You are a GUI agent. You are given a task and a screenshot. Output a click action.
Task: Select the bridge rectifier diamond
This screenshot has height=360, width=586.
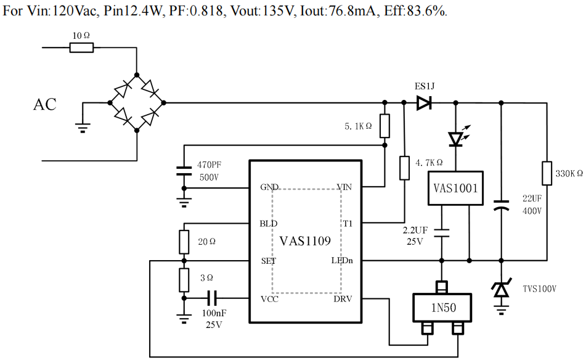136,103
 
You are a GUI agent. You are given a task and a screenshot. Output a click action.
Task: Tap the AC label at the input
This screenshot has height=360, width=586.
44,105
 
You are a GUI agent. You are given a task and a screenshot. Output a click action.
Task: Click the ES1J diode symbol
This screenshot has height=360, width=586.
423,103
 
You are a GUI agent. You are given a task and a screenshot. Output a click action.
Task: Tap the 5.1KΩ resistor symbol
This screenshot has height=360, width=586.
385,126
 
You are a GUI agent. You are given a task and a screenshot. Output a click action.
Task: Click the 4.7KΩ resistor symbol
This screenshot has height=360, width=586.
404,168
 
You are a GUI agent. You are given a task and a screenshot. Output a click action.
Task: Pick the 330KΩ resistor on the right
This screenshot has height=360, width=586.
547,173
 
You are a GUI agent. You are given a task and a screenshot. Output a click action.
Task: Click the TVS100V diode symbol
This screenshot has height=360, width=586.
502,288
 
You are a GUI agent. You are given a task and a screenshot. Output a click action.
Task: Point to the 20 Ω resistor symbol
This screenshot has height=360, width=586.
184,242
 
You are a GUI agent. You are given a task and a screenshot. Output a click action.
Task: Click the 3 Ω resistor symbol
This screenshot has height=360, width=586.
184,280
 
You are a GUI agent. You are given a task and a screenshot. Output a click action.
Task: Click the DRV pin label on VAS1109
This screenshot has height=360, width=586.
343,299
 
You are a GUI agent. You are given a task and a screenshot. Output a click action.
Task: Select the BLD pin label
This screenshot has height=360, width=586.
269,223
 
